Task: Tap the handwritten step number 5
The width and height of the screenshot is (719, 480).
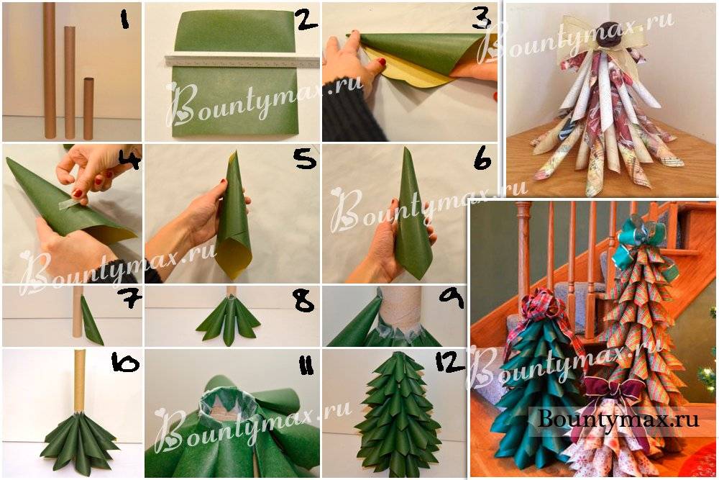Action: tap(305, 158)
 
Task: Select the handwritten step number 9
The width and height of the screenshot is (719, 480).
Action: tap(452, 298)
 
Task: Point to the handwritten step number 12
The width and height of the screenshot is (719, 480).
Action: tap(450, 363)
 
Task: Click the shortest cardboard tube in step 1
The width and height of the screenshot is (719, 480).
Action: tap(88, 108)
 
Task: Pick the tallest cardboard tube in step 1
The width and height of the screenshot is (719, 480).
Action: tap(50, 71)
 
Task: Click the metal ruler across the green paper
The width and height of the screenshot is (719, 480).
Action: tap(242, 61)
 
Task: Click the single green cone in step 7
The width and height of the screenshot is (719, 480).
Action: tap(91, 320)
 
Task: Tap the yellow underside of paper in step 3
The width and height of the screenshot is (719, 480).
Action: tap(413, 75)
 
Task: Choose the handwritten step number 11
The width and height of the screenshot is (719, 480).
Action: tap(305, 366)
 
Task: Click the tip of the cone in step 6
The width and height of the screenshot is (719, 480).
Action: tap(406, 148)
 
